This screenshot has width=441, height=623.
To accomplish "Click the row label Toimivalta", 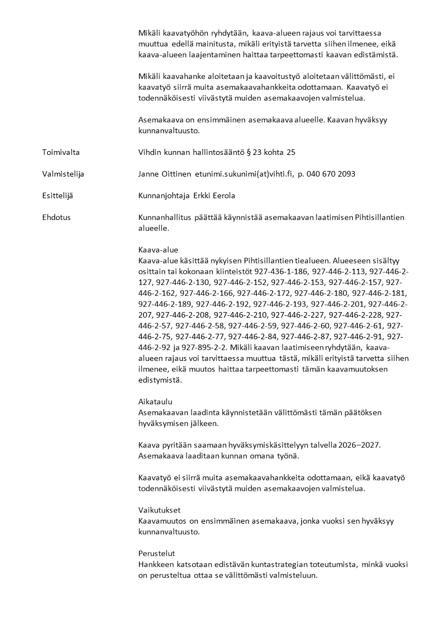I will click(60, 152).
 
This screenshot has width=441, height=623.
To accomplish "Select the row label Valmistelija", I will click(63, 174).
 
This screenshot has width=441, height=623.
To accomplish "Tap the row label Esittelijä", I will click(58, 196).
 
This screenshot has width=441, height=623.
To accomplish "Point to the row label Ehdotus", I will click(56, 218).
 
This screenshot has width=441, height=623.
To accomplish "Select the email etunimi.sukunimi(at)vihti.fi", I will click(243, 174).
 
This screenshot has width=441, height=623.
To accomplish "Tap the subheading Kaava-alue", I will click(158, 250).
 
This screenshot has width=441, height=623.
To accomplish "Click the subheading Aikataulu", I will click(155, 402).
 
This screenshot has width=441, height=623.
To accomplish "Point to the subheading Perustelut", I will click(157, 554).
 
